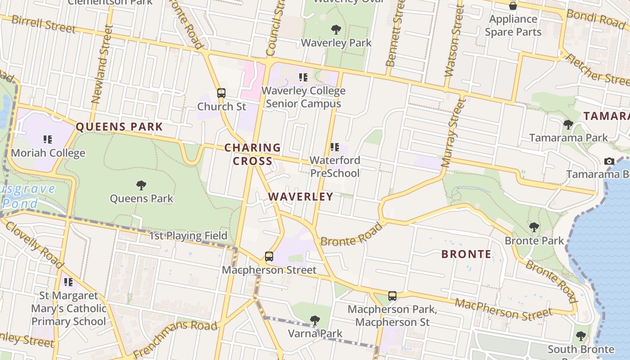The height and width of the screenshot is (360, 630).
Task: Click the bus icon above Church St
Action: point(221,93)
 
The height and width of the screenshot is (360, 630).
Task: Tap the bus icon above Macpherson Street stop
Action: point(269,256)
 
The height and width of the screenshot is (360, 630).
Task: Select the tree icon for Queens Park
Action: point(141,185)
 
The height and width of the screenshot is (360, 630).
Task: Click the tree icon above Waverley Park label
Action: point(336,30)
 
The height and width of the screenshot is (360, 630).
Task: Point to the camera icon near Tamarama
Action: point(609,161)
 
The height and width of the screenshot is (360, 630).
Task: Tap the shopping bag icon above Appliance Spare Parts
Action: point(513,6)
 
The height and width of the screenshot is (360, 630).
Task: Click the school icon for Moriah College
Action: point(48,139)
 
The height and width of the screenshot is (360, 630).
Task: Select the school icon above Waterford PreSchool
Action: point(334,147)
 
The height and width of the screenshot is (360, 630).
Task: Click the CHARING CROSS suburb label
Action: point(252,154)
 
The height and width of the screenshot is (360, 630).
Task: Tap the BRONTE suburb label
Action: point(466,254)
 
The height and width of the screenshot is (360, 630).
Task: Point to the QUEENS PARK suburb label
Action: point(119,127)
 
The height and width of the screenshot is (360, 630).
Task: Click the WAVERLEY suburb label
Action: point(301,197)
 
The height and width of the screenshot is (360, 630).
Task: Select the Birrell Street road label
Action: point(44,24)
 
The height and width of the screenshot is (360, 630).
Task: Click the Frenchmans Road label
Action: point(175,339)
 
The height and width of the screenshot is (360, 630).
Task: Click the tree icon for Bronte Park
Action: point(534,227)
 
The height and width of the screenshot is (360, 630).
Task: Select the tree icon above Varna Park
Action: point(315,320)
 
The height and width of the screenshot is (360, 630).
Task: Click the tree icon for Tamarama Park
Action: point(568,124)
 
